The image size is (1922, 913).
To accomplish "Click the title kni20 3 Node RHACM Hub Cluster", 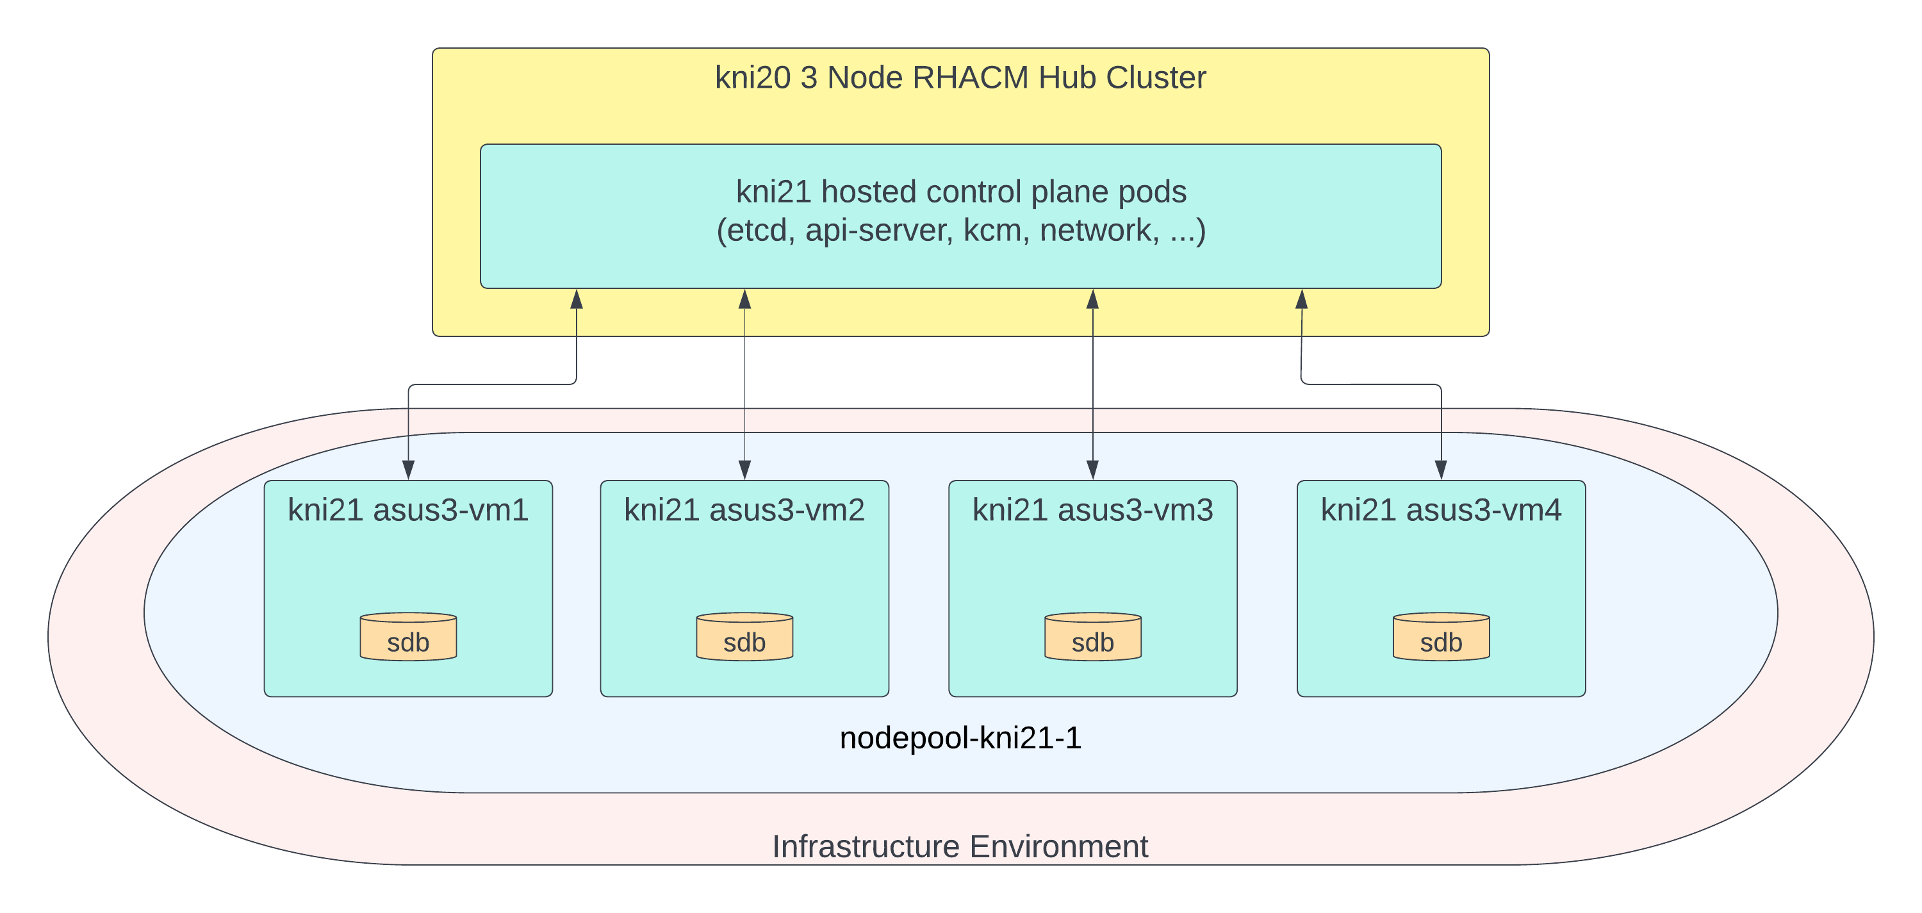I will (960, 78).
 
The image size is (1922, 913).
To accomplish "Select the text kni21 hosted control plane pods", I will (961, 192).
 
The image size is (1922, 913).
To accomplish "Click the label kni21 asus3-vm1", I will (408, 510).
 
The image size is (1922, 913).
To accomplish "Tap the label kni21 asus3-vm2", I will (744, 510).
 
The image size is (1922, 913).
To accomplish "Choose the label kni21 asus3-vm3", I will (1092, 510).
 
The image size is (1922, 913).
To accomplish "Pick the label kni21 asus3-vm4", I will (1441, 510).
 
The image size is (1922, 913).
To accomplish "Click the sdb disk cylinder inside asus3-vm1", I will (408, 637).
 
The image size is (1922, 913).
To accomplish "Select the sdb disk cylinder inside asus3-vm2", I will (744, 637).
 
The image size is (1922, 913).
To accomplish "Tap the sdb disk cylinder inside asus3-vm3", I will (1092, 637).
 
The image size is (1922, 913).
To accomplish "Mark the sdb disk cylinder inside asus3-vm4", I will (1441, 637).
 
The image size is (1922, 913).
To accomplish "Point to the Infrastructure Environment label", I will (960, 846).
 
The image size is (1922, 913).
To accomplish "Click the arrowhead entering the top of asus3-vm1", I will (408, 470).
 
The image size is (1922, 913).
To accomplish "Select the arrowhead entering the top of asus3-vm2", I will (744, 470).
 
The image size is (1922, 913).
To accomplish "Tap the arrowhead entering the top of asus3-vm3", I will (1092, 470).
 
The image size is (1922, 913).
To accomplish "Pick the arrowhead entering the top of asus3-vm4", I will (1441, 470).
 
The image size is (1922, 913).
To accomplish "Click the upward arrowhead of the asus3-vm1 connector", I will (577, 300).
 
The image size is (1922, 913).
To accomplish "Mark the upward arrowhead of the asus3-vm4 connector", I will (1301, 300).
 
